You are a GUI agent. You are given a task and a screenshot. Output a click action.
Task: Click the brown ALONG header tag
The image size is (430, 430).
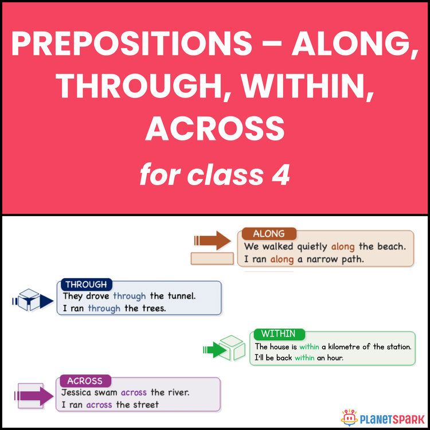coord(269,234)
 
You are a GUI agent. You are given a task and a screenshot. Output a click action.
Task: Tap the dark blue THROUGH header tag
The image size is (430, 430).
coord(86,285)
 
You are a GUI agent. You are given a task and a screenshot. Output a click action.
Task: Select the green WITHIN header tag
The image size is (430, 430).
coord(278,334)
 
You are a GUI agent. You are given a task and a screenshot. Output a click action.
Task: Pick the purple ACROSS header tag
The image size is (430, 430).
coord(85,381)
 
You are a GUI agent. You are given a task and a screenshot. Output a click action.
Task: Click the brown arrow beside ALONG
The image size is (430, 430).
coord(212,241)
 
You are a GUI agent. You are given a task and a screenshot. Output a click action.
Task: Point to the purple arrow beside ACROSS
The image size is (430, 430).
coord(34,396)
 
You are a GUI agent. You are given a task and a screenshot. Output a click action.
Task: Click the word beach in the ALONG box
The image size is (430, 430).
coord(391,247)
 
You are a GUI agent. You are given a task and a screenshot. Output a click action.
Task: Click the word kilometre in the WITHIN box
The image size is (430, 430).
coord(350,346)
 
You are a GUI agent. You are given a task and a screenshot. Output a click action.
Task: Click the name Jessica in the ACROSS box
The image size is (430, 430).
coord(80,393)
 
